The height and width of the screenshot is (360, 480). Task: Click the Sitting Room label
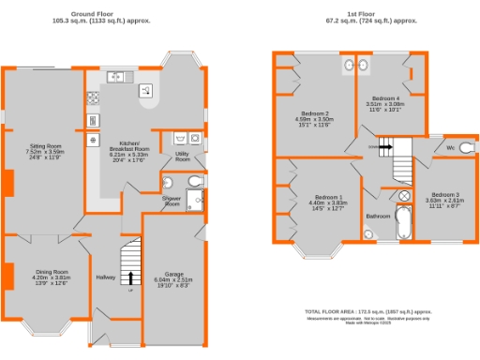[x=44, y=146]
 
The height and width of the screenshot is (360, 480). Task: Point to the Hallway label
[x=106, y=277]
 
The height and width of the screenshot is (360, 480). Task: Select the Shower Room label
[x=172, y=201]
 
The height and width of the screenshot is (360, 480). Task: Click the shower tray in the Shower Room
[x=196, y=198]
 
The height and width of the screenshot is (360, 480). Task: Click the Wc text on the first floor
[x=451, y=148]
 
